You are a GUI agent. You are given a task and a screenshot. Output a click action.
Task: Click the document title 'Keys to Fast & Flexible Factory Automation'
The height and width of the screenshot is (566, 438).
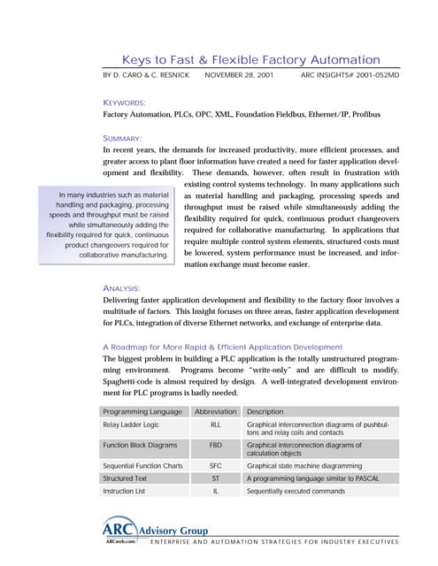click(x=250, y=59)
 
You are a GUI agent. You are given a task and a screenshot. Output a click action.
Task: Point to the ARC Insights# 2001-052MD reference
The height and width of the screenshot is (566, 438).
click(x=350, y=78)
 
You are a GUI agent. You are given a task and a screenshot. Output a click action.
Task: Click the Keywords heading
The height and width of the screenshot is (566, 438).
click(x=125, y=103)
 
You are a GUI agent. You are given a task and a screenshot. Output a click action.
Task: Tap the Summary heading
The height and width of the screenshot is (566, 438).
click(x=123, y=138)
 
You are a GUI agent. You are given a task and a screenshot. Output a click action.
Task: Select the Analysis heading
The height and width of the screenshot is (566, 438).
click(x=124, y=288)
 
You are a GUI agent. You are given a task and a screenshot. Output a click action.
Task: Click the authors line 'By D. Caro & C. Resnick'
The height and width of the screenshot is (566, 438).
click(x=147, y=78)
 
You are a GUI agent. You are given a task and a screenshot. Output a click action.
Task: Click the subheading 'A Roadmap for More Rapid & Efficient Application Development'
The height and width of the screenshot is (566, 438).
click(x=234, y=347)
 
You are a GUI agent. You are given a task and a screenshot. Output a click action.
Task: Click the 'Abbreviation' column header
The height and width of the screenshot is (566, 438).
click(x=216, y=411)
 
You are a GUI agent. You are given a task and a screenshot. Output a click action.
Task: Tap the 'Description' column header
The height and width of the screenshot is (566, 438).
click(x=265, y=411)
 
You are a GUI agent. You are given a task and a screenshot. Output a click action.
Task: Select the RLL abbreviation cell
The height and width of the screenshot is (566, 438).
click(x=216, y=425)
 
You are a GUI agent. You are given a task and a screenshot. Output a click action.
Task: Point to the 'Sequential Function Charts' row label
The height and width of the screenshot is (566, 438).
click(x=142, y=465)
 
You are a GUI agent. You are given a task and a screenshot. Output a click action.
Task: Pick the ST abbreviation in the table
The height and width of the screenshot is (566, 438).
click(x=216, y=478)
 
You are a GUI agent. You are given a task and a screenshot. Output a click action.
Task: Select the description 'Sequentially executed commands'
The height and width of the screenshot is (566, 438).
click(x=296, y=491)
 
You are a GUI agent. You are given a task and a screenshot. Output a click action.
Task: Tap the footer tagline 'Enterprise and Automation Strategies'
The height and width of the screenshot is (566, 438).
click(x=274, y=541)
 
